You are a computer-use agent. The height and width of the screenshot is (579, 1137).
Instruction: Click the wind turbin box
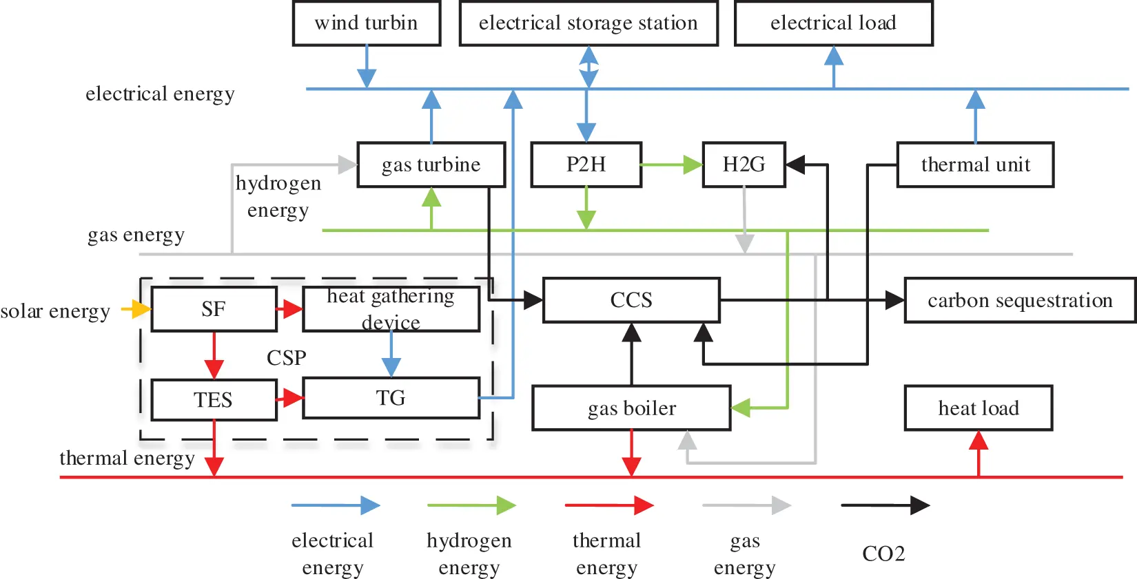pos(366,23)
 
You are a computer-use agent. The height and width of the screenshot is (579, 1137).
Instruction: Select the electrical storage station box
pos(588,23)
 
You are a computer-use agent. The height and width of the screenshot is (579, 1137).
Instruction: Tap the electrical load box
pos(833,23)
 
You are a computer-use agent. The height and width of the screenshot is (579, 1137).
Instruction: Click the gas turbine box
pos(431,165)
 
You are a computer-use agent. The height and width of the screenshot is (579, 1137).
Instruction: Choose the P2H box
pos(586,165)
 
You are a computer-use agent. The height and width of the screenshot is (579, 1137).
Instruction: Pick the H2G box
pos(744,165)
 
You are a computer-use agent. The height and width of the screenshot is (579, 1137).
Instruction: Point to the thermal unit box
pos(975,165)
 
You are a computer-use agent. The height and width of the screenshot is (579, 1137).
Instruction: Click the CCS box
pos(631,300)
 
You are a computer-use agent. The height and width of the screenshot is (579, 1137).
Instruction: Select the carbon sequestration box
pos(1019,300)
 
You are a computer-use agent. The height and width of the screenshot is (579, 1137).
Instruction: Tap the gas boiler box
pos(631,408)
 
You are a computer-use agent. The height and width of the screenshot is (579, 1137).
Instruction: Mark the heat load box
pos(978,408)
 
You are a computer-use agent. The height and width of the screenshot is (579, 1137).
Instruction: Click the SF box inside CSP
pos(214,309)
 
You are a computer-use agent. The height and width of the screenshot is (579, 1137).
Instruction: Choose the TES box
pos(214,399)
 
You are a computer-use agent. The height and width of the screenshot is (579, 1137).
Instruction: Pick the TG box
pos(391,398)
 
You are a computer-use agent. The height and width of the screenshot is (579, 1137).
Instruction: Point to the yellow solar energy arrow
pos(136,309)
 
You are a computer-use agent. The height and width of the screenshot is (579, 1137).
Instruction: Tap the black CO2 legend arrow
pos(885,505)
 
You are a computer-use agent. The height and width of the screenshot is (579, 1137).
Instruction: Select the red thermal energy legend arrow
pos(608,505)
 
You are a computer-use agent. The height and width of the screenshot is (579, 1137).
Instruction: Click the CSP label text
pos(286,357)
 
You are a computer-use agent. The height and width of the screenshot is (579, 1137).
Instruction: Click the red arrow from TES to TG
pos(290,398)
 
